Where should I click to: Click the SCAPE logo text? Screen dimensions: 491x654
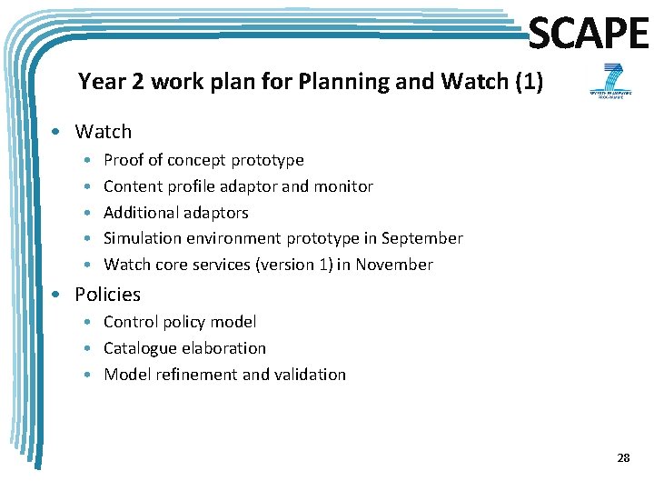589,35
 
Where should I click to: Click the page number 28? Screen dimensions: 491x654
623,458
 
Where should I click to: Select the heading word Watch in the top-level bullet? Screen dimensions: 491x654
103,132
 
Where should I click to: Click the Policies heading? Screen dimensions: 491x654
107,295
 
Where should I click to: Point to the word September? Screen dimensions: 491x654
421,238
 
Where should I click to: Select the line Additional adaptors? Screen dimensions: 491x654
175,213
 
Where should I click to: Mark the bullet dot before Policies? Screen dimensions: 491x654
56,295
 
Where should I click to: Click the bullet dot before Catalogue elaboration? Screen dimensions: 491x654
92,349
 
